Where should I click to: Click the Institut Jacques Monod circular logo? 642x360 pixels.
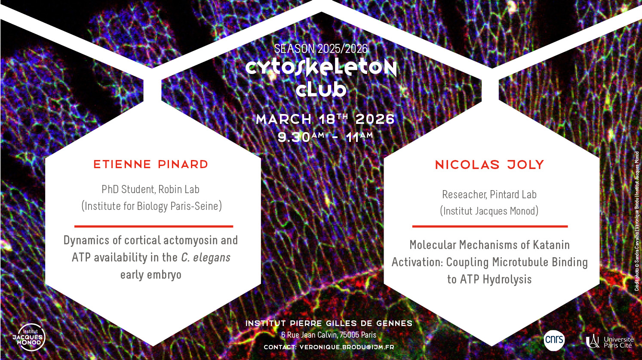click(29, 337)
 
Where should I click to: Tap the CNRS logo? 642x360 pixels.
click(554, 340)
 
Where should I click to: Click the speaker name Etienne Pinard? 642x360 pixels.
click(151, 165)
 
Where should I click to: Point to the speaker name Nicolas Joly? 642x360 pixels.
click(489, 165)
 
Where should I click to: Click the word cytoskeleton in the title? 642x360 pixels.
click(321, 68)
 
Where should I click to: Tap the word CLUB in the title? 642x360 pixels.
click(321, 90)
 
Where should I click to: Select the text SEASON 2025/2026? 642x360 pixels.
click(321, 49)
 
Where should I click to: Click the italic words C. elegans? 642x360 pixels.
click(206, 257)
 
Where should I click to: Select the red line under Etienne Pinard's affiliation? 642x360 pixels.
click(154, 226)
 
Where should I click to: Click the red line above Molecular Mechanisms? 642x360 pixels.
click(490, 226)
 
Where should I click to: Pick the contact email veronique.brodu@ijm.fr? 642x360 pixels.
click(347, 347)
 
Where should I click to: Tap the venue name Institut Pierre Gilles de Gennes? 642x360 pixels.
click(329, 323)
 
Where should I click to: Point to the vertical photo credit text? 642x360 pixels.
click(636, 221)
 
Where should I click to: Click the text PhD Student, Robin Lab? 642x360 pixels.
click(151, 189)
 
